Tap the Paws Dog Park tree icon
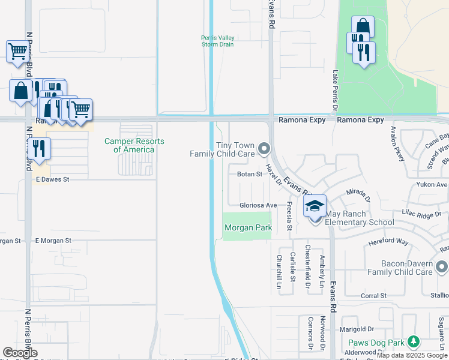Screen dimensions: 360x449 click(412, 342)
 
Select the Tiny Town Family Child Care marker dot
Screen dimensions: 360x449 click(263, 148)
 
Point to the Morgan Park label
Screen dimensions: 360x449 click(249, 227)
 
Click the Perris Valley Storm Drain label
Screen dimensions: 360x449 click(217, 41)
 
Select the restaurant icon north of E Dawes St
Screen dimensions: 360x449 click(38, 149)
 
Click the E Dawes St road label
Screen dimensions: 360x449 click(53, 179)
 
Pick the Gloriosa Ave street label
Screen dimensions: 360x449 click(258, 205)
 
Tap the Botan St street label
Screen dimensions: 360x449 click(250, 175)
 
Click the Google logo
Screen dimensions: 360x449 click(20, 353)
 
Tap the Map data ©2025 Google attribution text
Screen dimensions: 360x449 click(412, 355)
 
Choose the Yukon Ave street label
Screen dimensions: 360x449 click(433, 185)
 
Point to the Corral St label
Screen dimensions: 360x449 click(373, 296)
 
